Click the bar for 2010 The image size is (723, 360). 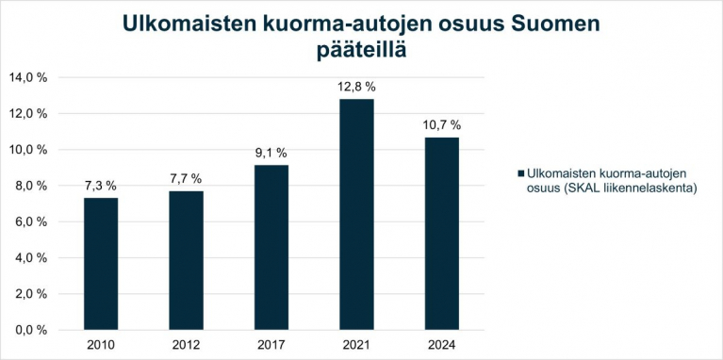(x=101, y=263)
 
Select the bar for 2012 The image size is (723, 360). (x=186, y=259)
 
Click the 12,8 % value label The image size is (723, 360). (x=356, y=88)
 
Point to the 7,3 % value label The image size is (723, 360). (x=101, y=187)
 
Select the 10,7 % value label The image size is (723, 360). (x=442, y=125)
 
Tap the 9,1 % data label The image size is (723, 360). (x=271, y=154)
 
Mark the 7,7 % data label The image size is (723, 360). (x=186, y=179)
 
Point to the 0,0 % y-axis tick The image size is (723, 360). (x=31, y=330)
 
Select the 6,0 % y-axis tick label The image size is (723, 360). (x=31, y=221)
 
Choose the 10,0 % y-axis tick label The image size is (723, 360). (x=28, y=150)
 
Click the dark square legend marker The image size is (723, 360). (x=520, y=174)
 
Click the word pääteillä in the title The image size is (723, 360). (x=362, y=49)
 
